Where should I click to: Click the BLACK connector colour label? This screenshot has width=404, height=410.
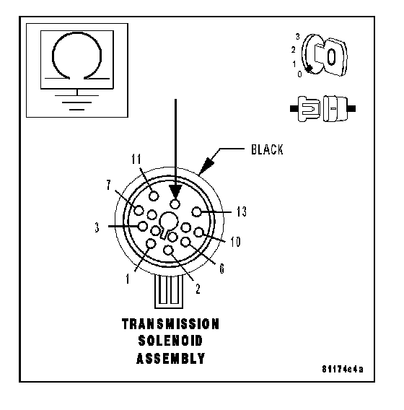267,149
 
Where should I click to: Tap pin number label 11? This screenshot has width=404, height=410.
136,159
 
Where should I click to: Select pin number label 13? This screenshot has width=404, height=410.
242,211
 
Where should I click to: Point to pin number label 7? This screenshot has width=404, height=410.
109,185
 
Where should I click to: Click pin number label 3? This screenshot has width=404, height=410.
97,227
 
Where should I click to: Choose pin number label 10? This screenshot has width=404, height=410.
235,242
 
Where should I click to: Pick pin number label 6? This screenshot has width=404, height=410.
221,269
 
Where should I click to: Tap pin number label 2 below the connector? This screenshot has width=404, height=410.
198,289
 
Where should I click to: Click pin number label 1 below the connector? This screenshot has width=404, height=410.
128,279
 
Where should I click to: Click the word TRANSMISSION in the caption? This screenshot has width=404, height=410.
170,324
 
